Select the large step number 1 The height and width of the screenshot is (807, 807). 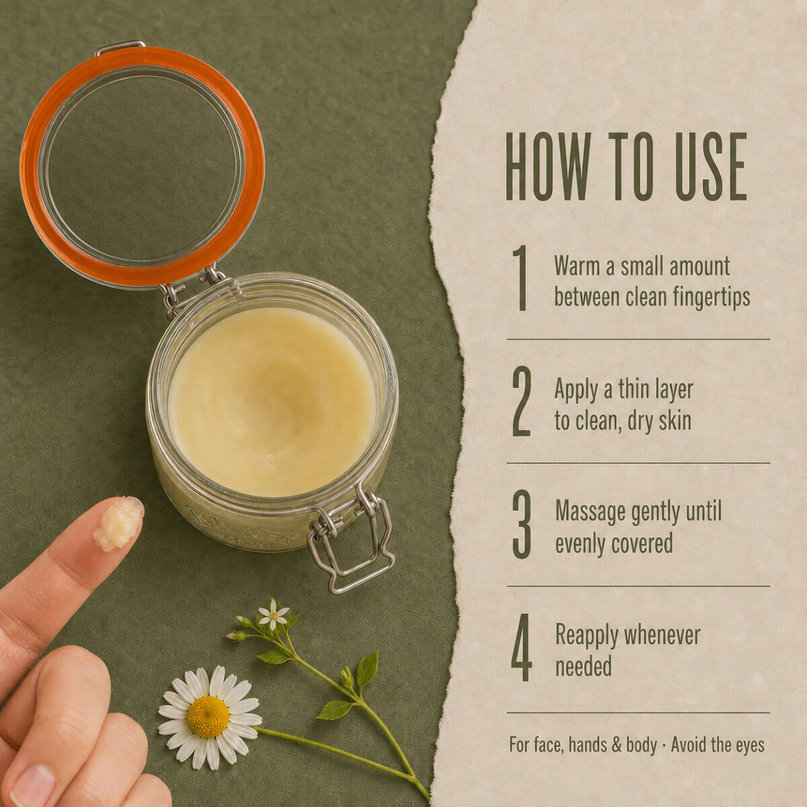[x=521, y=278]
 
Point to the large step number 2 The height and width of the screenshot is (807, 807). [x=522, y=401]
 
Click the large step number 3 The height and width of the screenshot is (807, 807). [x=522, y=525]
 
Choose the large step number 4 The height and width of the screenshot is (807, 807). [x=522, y=648]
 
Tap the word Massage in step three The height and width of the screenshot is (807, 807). [x=584, y=512]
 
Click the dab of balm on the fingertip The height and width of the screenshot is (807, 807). [x=118, y=523]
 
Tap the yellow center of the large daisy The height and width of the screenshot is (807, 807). [x=208, y=716]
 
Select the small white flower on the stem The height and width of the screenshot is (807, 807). [x=274, y=615]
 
